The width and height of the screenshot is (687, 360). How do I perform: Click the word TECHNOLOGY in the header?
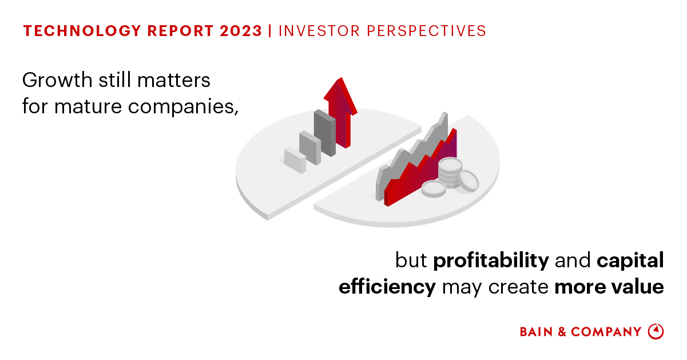click(82, 31)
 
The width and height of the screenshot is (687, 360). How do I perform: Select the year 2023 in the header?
click(241, 31)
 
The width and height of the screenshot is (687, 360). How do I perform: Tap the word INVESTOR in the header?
click(319, 31)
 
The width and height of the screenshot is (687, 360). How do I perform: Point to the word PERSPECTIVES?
click(426, 31)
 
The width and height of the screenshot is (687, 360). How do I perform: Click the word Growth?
click(57, 80)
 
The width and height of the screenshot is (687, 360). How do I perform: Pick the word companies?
click(183, 108)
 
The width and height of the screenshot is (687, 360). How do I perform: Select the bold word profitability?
click(491, 261)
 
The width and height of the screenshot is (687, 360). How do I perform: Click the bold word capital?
click(630, 261)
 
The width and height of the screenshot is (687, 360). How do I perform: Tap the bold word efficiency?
click(387, 287)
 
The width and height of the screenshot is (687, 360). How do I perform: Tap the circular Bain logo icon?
click(656, 331)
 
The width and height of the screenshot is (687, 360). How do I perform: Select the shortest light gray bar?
click(295, 160)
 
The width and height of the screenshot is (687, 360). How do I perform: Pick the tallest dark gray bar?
click(325, 133)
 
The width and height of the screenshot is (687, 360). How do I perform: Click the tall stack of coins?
click(450, 172)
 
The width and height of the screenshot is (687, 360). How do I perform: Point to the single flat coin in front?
click(434, 188)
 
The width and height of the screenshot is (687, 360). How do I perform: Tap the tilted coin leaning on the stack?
click(468, 181)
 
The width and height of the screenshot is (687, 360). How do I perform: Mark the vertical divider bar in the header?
click(270, 31)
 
